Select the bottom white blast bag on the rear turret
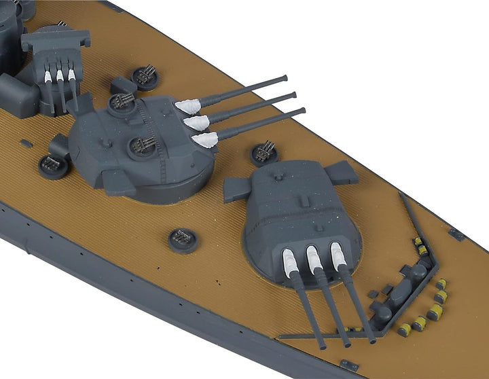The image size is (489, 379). coord(205,140)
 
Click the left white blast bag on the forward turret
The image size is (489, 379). coord(290,261)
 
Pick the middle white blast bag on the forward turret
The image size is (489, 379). coord(314,259)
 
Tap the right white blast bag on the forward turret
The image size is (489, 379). coord(338,254)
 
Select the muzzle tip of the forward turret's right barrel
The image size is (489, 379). coord(372,339)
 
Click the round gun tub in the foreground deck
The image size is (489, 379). coord(183,238)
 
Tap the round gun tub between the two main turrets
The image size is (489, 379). coord(264,153)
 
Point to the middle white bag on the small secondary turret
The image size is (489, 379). coord(60,76)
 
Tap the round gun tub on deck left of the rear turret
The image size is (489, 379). coord(53,165)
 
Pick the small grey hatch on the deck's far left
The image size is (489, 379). coord(26,143)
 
